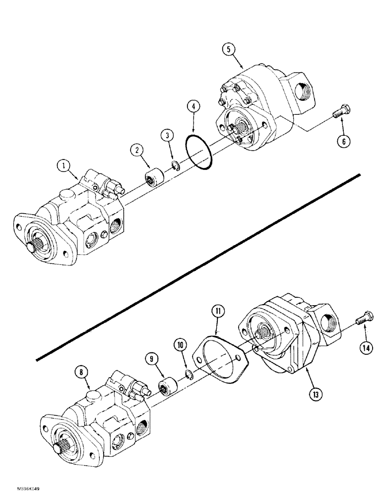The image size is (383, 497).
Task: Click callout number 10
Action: click(x=180, y=344)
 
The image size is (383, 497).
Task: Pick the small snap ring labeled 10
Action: click(x=187, y=374)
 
